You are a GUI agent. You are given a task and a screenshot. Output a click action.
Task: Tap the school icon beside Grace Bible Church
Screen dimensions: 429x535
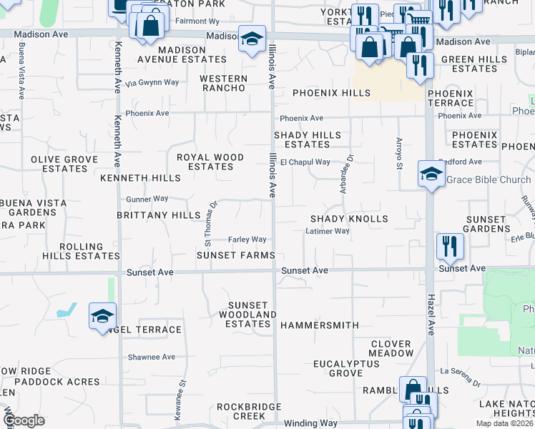431,174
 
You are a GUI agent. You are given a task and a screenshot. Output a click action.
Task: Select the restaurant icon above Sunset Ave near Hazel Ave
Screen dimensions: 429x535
450,247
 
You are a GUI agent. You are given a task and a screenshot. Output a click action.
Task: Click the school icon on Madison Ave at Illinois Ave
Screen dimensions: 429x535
252,40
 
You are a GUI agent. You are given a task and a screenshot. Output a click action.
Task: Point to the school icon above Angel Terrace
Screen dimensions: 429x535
102,316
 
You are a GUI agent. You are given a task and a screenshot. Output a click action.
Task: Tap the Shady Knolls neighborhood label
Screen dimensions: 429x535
349,219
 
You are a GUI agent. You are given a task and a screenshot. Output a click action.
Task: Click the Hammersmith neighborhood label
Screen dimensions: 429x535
319,325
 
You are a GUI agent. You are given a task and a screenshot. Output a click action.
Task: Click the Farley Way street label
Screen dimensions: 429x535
247,240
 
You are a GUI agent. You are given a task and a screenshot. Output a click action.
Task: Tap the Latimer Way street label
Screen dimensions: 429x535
327,232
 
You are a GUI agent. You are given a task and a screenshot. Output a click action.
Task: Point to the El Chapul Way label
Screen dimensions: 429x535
305,162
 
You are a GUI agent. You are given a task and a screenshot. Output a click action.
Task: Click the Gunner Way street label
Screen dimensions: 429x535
147,199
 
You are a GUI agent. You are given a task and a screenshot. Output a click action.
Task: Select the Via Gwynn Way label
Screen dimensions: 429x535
152,83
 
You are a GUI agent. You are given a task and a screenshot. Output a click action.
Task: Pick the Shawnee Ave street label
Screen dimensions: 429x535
151,357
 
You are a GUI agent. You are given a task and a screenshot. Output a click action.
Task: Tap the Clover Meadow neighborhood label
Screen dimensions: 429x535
392,348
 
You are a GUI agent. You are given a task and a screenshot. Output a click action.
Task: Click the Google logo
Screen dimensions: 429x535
24,420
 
